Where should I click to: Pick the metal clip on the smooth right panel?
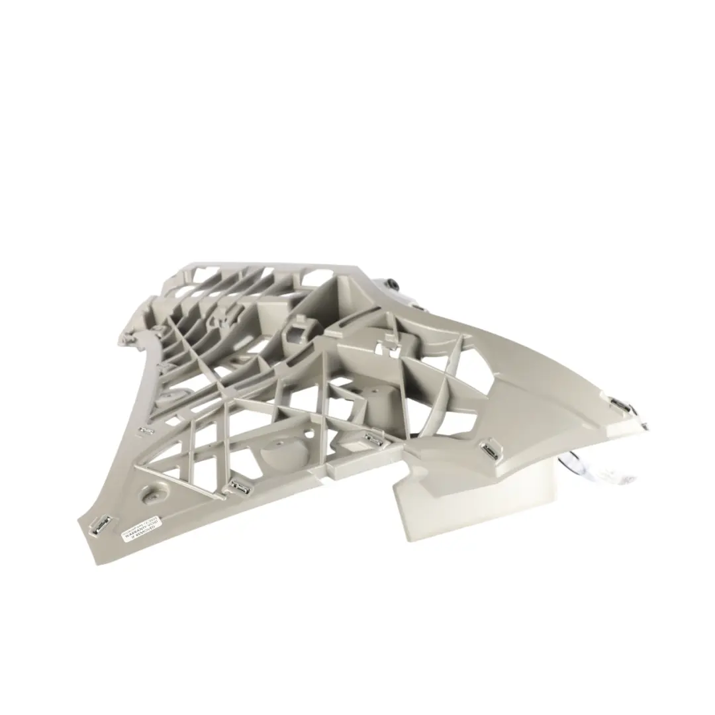click(x=491, y=451)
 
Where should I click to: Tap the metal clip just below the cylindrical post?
click(x=372, y=437)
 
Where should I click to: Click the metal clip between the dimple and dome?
click(x=238, y=488)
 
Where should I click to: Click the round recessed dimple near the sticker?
click(x=153, y=495)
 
